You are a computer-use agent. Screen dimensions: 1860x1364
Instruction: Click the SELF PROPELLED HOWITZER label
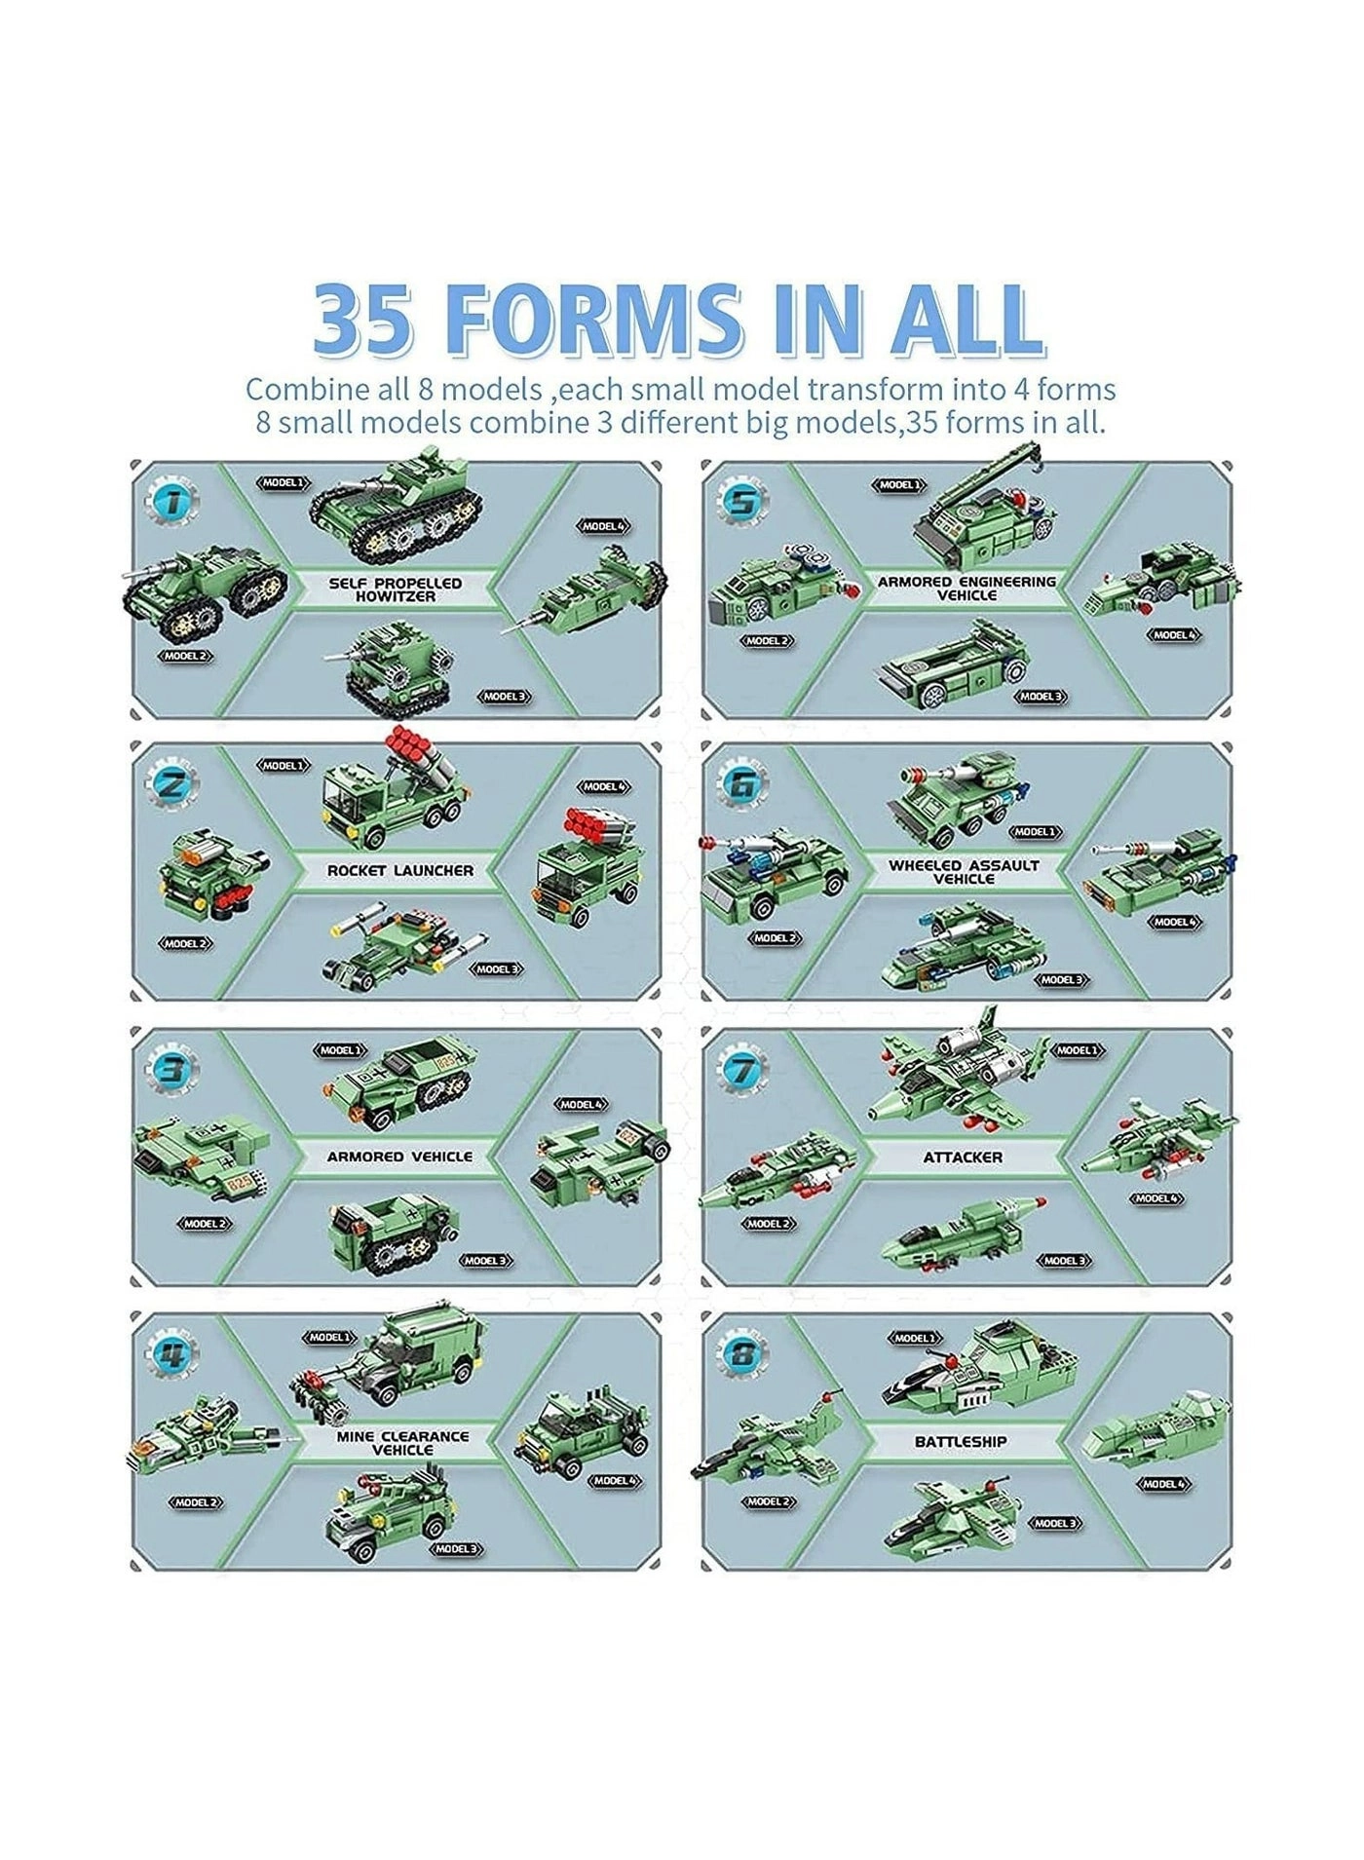tap(396, 588)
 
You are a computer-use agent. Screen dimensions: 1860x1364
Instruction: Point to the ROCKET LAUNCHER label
tap(399, 870)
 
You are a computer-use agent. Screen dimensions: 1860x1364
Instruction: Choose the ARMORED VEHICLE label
tap(399, 1157)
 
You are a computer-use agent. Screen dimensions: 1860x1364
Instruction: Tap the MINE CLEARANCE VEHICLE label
tap(402, 1443)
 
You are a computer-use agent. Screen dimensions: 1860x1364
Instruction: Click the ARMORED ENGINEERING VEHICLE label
tap(966, 588)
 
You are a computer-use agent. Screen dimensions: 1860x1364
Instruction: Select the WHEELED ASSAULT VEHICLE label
tap(964, 871)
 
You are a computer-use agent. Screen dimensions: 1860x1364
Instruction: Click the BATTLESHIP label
tap(961, 1441)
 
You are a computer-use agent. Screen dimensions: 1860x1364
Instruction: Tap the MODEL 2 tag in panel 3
tap(205, 1223)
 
